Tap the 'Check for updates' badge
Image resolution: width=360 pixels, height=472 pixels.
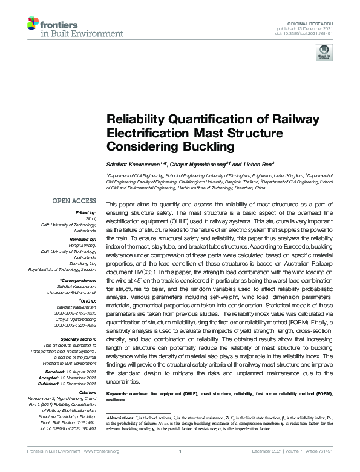point(324,55)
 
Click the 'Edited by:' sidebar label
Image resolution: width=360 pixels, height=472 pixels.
point(85,214)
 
